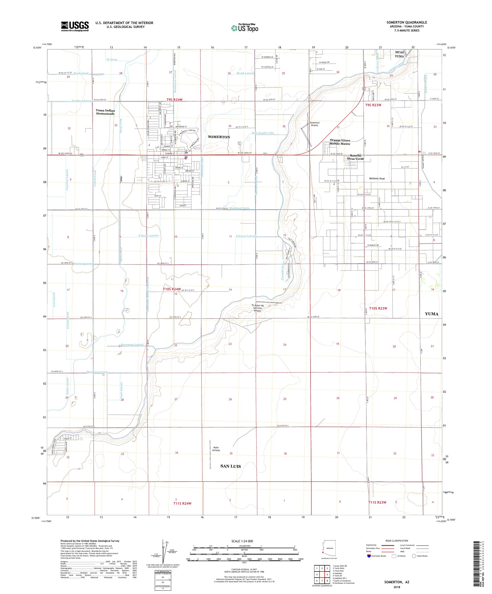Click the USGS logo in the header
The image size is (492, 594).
click(75, 26)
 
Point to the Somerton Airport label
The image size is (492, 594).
click(314, 124)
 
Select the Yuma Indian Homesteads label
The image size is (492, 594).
click(105, 112)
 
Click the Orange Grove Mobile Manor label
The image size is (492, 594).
click(340, 142)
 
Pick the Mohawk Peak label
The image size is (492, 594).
click(377, 178)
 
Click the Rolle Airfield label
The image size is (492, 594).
click(216, 449)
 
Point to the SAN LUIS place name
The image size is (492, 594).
click(230, 466)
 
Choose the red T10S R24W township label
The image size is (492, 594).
click(171, 289)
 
